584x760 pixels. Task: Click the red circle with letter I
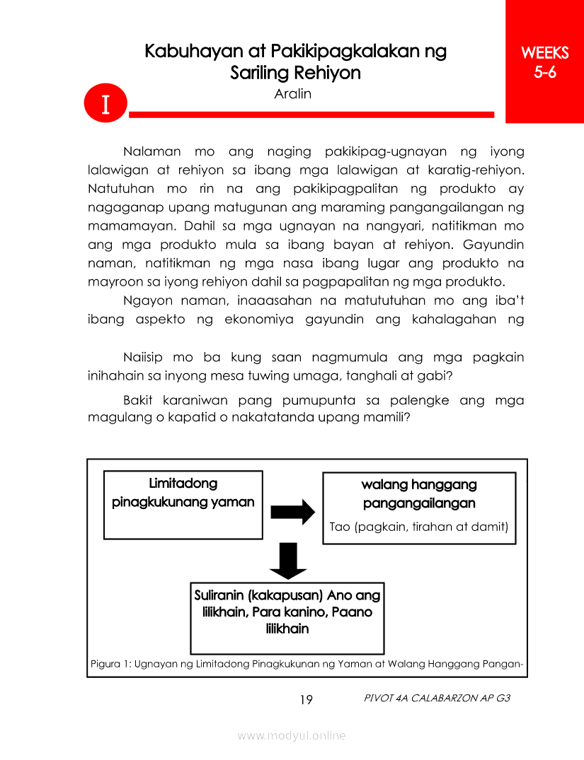(105, 104)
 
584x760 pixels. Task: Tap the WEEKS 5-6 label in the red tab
(544, 62)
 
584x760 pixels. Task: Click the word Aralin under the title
(292, 94)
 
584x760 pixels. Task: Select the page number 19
(306, 700)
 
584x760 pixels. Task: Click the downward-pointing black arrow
(288, 561)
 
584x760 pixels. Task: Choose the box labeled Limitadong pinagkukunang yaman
(183, 505)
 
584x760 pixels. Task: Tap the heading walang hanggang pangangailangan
(419, 494)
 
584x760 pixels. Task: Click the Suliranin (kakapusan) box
(287, 617)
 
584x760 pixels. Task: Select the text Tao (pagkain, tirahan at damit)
(419, 527)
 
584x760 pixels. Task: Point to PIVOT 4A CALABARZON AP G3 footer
(436, 698)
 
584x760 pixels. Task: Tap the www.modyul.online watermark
(292, 735)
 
